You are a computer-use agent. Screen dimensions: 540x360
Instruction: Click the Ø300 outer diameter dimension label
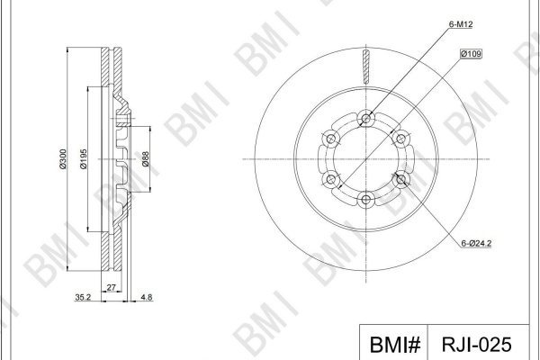[x=63, y=158]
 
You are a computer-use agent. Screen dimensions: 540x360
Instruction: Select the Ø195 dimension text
[x=84, y=158]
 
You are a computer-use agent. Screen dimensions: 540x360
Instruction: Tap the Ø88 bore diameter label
[x=145, y=158]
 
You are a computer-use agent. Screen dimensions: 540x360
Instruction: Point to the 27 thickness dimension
[x=112, y=287]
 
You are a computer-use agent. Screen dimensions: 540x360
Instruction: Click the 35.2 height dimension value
[x=83, y=297]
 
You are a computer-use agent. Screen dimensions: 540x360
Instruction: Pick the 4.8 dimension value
[x=147, y=297]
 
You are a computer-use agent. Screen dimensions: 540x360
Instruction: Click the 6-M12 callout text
[x=461, y=24]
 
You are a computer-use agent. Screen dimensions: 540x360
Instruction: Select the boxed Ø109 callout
[x=471, y=54]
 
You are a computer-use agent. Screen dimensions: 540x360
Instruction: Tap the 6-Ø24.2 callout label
[x=476, y=243]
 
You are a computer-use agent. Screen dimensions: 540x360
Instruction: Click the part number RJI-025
[x=477, y=344]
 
